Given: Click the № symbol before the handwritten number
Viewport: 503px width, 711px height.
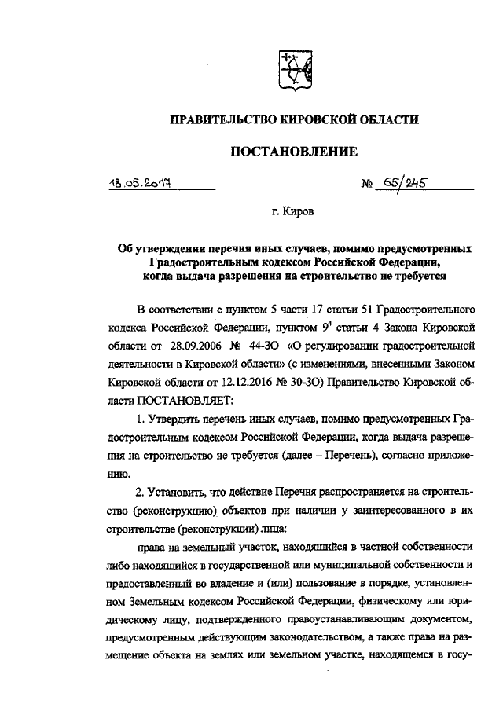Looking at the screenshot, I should [366, 186].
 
